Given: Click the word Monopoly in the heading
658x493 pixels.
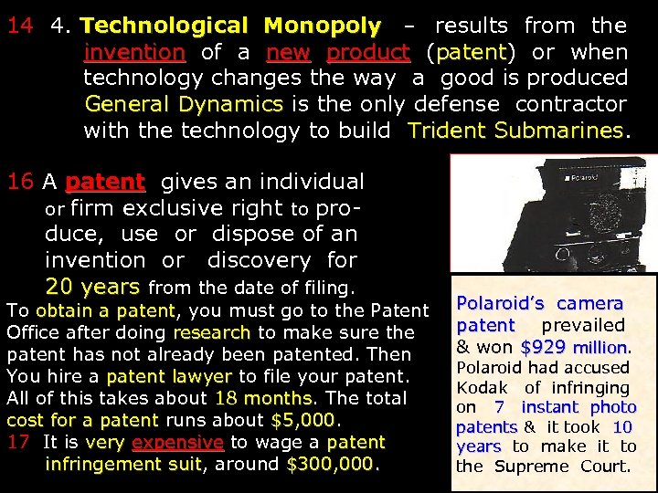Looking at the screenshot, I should [x=322, y=26].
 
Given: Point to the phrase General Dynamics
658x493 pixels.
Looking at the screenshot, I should [x=183, y=104].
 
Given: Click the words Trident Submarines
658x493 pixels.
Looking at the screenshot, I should [x=516, y=131].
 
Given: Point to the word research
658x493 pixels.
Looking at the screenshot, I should [x=211, y=332].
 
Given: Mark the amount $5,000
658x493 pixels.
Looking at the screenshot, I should [x=303, y=420].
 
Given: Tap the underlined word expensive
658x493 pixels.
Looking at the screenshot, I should [x=177, y=442].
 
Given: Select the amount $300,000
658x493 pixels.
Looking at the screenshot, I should [x=331, y=464].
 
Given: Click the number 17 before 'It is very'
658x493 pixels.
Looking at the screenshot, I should [x=18, y=442].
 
